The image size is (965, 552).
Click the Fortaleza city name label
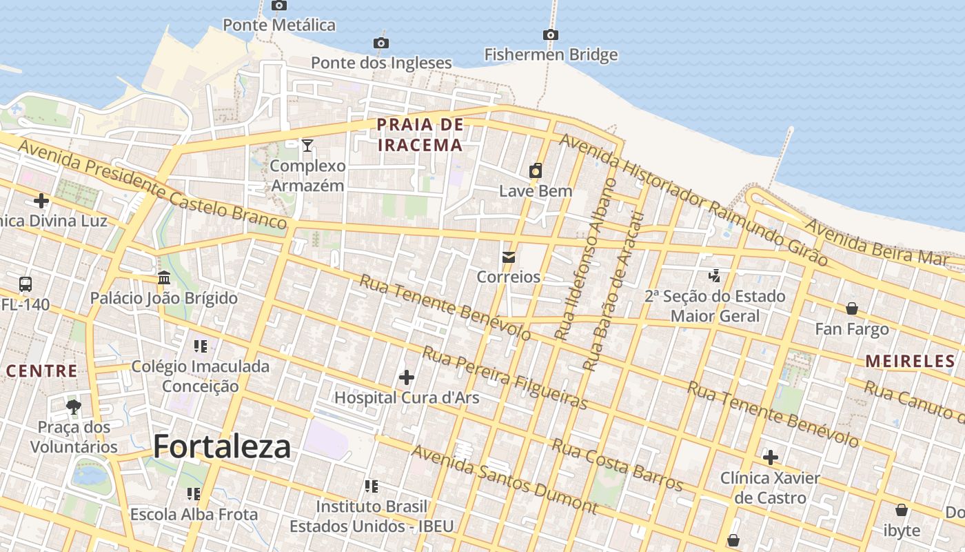click(222, 447)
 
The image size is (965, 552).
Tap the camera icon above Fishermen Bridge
click(550, 34)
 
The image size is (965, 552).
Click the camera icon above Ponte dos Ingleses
click(380, 43)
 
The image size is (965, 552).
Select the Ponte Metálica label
click(278, 25)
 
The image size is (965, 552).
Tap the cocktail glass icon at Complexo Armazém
click(307, 145)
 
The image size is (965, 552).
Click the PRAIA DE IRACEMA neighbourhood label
click(420, 135)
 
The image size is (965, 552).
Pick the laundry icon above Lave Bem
click(535, 170)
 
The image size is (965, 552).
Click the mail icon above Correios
click(508, 257)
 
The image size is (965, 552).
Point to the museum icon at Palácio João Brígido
click(164, 278)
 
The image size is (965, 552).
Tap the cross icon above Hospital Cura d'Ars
click(407, 377)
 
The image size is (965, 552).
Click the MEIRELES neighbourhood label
click(910, 360)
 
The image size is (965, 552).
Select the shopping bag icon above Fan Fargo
click(852, 308)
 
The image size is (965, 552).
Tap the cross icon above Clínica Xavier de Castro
click(770, 457)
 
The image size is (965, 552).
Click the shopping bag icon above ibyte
click(901, 511)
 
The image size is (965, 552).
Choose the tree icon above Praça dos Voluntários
click(74, 406)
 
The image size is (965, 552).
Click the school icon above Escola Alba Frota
click(194, 494)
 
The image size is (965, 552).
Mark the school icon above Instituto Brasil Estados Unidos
click(372, 486)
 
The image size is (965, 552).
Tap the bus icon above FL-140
click(26, 284)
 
